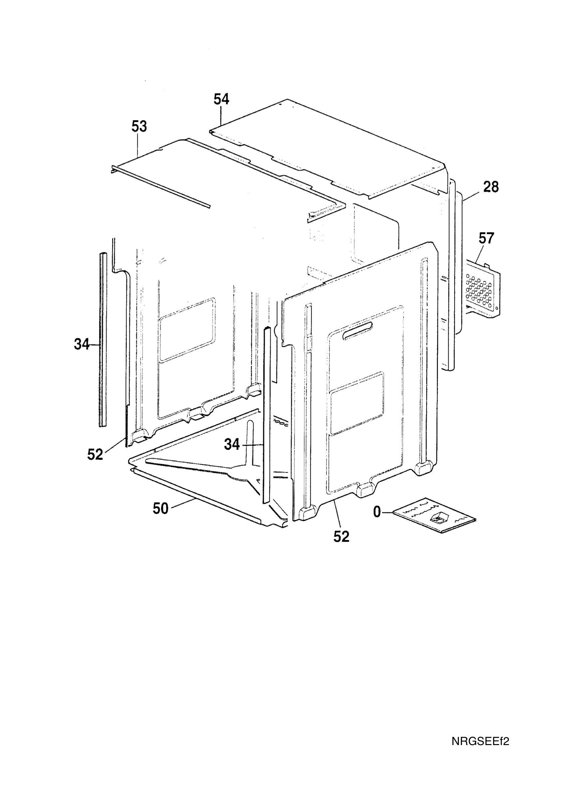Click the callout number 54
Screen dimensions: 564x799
coord(222,100)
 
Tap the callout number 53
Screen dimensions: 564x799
coord(139,126)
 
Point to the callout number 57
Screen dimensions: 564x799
coord(486,238)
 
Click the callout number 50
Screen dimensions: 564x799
coord(161,508)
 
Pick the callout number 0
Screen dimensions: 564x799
coord(377,512)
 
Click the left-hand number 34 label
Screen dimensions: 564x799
coord(82,344)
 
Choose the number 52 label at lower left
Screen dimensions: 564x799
coord(95,454)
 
